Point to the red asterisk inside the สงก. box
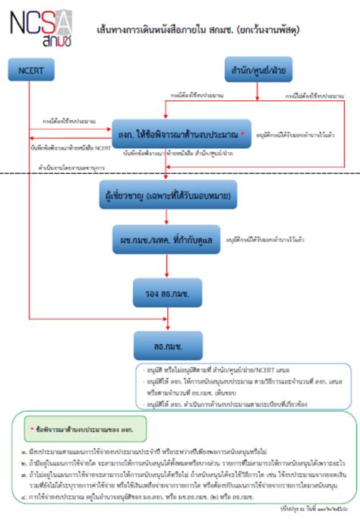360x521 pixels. (x=242, y=132)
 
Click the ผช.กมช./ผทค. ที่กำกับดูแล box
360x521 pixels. (x=168, y=238)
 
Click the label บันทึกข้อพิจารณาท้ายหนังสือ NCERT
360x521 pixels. (x=68, y=147)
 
